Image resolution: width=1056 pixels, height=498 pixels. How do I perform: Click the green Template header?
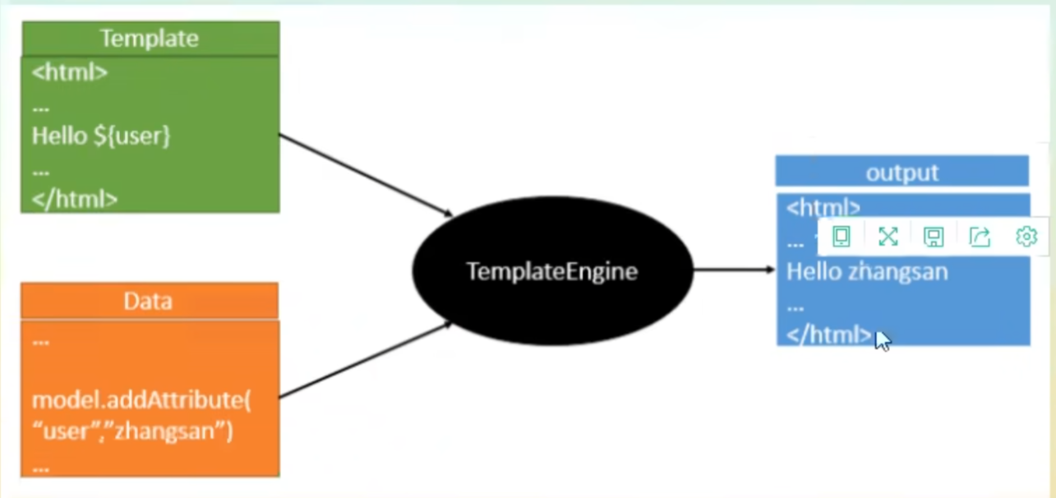point(150,38)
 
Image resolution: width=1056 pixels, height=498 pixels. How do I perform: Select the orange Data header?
point(149,301)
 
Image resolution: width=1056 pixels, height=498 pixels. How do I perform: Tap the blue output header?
point(902,172)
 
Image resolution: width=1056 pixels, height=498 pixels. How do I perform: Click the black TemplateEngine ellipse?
point(552,271)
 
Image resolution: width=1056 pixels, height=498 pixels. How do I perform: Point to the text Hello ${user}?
point(101,136)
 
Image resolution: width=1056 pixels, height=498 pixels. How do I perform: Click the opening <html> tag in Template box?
point(70,72)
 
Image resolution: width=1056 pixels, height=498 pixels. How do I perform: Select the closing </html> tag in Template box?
point(75,199)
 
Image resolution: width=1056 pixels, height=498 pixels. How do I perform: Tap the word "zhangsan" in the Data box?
point(174,431)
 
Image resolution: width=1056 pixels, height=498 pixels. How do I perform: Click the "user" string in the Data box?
point(67,431)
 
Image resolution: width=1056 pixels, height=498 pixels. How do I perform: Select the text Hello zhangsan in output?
point(867,271)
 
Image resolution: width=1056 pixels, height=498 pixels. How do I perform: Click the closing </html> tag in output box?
point(828,334)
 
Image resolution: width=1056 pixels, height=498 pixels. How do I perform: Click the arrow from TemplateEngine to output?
point(734,269)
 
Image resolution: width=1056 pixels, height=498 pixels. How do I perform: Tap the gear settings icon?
point(1026,237)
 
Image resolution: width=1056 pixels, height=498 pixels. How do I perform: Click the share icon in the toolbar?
point(980,237)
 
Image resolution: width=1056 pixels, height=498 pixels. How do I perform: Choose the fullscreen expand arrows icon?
point(888,237)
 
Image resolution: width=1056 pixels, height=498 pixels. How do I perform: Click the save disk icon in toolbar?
point(934,237)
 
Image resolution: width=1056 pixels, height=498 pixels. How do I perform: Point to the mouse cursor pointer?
point(882,340)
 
